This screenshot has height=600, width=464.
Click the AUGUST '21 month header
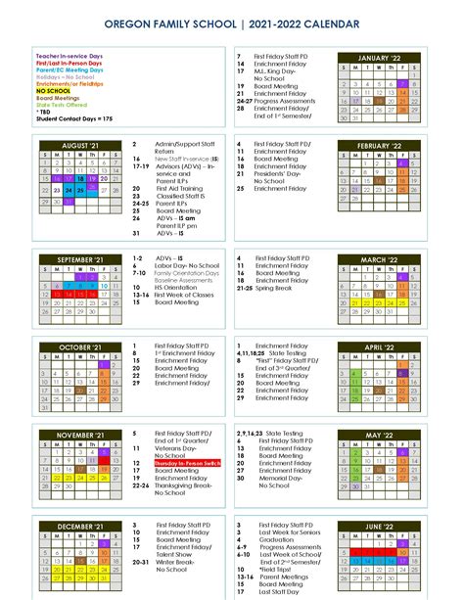(80, 145)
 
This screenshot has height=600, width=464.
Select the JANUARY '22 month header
(381, 58)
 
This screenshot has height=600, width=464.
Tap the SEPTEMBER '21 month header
(80, 259)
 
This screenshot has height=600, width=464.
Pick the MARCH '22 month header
(381, 259)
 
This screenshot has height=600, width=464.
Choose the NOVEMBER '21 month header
(80, 434)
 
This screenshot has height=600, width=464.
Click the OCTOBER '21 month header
(80, 346)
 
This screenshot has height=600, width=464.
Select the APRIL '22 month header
(381, 346)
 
